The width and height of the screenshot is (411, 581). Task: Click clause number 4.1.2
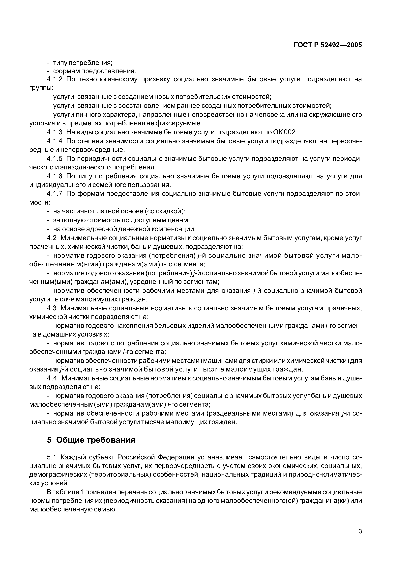coord(55,79)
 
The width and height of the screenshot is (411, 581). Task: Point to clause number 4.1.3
coord(55,132)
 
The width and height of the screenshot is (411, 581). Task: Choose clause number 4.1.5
coord(55,159)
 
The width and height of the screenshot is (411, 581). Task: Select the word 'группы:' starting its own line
coord(41,88)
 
